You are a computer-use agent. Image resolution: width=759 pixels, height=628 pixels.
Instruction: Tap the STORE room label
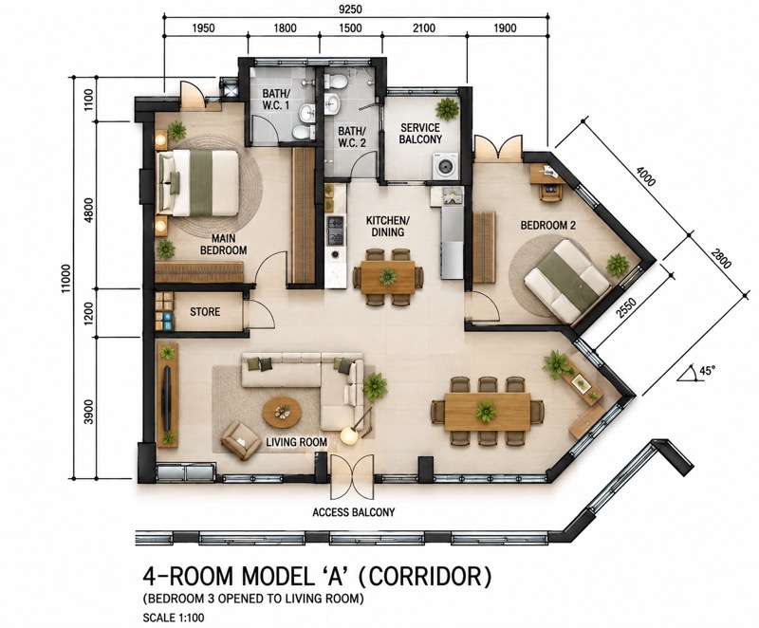[x=205, y=312]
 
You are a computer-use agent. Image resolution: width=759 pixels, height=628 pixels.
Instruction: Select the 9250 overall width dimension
[x=350, y=9]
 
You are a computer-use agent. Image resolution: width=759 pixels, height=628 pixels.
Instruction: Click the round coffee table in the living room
[x=282, y=413]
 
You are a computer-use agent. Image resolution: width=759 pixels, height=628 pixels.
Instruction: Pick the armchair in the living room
[x=240, y=440]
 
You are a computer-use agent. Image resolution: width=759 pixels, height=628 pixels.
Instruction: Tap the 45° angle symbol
[x=696, y=373]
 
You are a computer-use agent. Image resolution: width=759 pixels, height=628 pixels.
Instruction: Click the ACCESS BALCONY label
[x=353, y=512]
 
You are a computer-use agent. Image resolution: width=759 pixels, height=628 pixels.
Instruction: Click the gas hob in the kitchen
[x=336, y=230]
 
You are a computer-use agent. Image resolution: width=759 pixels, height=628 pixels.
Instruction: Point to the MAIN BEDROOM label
[x=223, y=245]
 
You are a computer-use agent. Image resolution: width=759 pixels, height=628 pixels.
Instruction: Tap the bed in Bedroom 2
[x=566, y=282]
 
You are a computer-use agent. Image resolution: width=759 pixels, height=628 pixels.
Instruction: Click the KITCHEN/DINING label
[x=388, y=227]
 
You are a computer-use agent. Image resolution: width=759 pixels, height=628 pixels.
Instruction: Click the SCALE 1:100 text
[x=174, y=618]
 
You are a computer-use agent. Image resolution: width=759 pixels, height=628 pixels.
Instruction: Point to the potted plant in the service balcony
[x=447, y=109]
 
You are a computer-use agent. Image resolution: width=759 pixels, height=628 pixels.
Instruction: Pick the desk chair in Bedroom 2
[x=549, y=193]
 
